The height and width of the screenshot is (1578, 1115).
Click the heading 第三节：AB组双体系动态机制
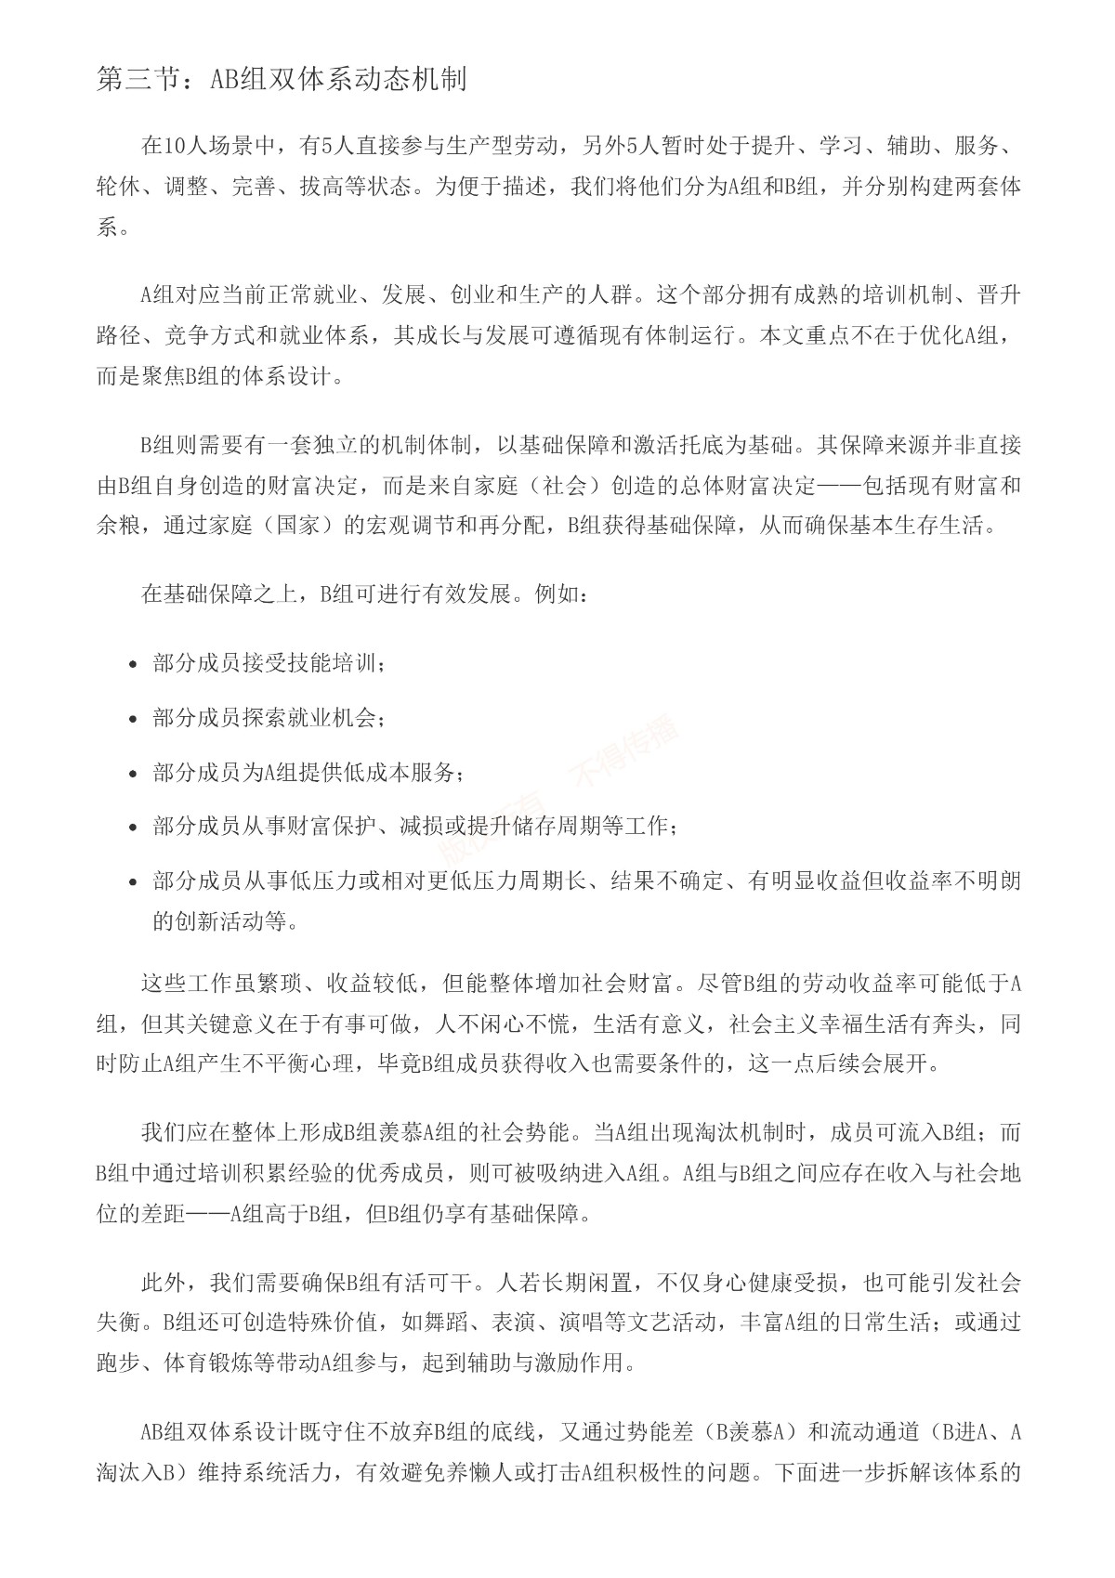[x=281, y=80]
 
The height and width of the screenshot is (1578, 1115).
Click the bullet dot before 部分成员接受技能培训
[x=135, y=665]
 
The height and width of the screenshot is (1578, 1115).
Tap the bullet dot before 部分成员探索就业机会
[x=135, y=719]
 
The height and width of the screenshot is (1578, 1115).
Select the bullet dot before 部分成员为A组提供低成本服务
[x=135, y=773]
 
